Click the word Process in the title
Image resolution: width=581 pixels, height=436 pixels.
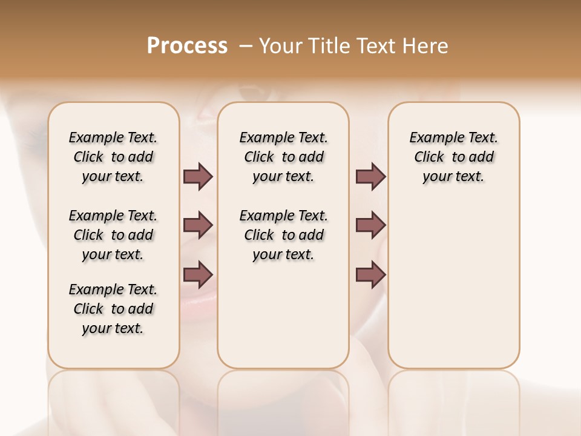[x=187, y=46]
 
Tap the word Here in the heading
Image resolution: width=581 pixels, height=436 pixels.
[x=425, y=46]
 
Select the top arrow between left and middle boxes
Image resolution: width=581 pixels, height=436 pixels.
[x=198, y=176]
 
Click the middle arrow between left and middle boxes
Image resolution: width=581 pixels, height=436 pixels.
[x=198, y=225]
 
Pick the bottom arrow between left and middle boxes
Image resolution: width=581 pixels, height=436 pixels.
[x=198, y=274]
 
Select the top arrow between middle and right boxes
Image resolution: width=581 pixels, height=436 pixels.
[x=370, y=176]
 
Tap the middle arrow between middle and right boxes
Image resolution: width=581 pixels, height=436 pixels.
[x=370, y=225]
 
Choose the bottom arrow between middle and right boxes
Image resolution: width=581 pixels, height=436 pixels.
[x=370, y=274]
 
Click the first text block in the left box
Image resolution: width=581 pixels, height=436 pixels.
[x=113, y=157]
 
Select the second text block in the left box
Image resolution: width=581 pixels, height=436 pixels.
[x=113, y=235]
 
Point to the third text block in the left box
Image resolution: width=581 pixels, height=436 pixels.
[x=113, y=309]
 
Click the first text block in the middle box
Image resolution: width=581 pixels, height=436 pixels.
[x=283, y=157]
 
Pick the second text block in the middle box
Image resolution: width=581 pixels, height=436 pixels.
[x=283, y=235]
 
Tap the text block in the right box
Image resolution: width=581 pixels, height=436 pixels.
[x=453, y=157]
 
